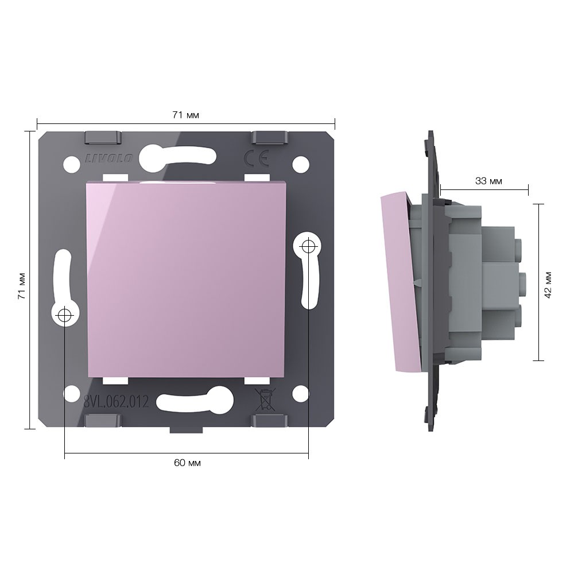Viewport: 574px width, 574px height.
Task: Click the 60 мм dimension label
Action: (x=187, y=463)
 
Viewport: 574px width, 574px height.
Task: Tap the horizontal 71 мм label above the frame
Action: (x=185, y=115)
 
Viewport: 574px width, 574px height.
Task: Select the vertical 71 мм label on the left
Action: (x=22, y=286)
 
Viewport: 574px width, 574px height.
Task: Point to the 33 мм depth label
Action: (x=488, y=181)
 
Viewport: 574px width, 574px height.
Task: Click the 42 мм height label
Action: (x=548, y=285)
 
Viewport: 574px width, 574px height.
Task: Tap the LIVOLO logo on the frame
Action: (x=109, y=158)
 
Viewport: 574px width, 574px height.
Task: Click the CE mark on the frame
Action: (x=257, y=158)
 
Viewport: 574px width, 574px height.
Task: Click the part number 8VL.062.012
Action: (x=117, y=402)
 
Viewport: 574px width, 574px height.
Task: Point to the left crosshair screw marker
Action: (x=65, y=315)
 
